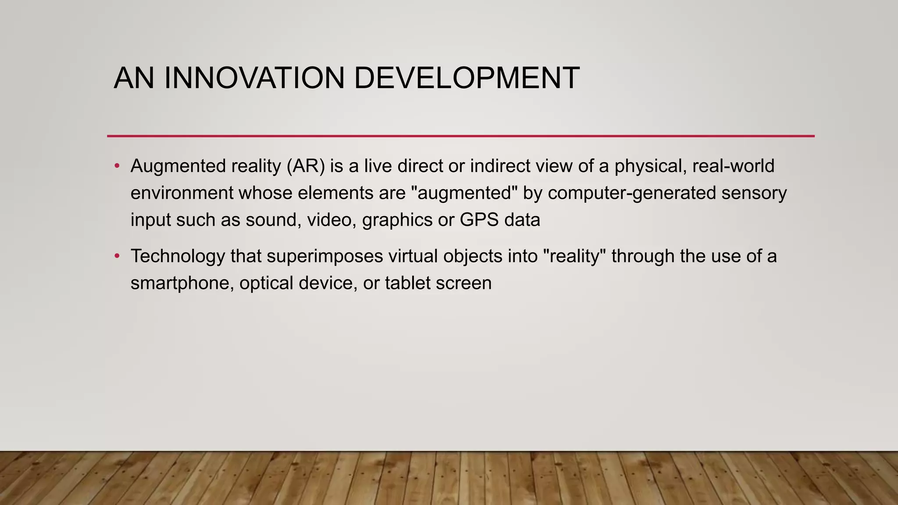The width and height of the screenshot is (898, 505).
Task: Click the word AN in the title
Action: point(134,78)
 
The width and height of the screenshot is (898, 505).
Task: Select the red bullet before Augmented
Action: point(117,166)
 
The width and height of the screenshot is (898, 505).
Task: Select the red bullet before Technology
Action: point(117,256)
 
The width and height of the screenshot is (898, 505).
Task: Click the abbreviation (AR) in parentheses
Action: point(306,166)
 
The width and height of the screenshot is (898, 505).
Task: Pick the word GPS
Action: point(479,220)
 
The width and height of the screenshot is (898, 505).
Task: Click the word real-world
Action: point(733,166)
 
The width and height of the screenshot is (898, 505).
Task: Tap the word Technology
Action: point(178,256)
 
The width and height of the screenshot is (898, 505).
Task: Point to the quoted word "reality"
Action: point(574,256)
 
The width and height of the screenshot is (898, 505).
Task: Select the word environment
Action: point(182,193)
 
